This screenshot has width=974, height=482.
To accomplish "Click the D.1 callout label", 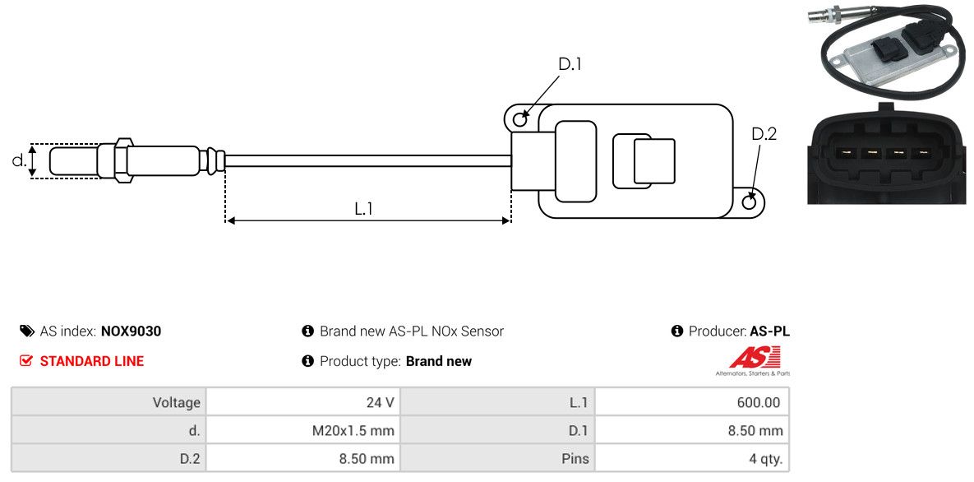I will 570,64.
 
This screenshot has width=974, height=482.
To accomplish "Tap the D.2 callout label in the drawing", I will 764,134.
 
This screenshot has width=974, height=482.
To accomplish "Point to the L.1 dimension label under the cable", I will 364,209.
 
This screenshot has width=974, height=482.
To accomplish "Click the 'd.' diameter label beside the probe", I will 18,160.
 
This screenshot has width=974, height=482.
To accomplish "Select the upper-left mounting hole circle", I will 519,120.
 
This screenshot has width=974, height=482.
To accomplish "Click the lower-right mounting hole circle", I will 750,202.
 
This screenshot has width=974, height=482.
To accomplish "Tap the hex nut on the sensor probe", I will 121,160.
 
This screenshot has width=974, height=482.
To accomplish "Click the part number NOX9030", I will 131,331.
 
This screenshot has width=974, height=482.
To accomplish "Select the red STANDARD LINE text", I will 92,361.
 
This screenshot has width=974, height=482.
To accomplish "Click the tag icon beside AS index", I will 26,331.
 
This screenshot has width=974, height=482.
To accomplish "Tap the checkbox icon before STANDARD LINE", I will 26,361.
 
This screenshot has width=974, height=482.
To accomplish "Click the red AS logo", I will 754,358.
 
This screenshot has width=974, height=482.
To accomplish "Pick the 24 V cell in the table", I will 379,402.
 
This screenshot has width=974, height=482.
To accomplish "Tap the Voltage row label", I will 176,402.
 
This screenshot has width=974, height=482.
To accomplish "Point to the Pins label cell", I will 575,458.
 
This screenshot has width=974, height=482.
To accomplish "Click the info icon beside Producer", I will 677,331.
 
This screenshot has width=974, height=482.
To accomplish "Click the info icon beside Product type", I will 308,361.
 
